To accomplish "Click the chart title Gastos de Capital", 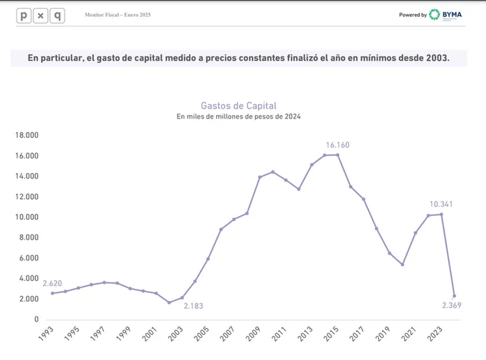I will (239, 106).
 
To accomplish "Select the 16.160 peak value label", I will (337, 145).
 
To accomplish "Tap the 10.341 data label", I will (441, 204).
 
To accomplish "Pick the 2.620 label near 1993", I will (52, 283).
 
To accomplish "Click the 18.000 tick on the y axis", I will (27, 135).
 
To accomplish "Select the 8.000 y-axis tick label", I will (29, 238).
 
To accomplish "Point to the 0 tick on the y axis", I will (36, 320).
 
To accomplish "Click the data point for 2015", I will (338, 155).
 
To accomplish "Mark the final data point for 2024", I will (454, 296).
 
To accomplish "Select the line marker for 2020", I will (403, 264).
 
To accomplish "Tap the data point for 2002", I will (169, 302).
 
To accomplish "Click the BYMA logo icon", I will (435, 15).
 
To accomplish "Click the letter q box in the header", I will (57, 16).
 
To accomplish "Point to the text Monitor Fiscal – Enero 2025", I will (118, 15).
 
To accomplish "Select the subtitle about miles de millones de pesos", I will (239, 117).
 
